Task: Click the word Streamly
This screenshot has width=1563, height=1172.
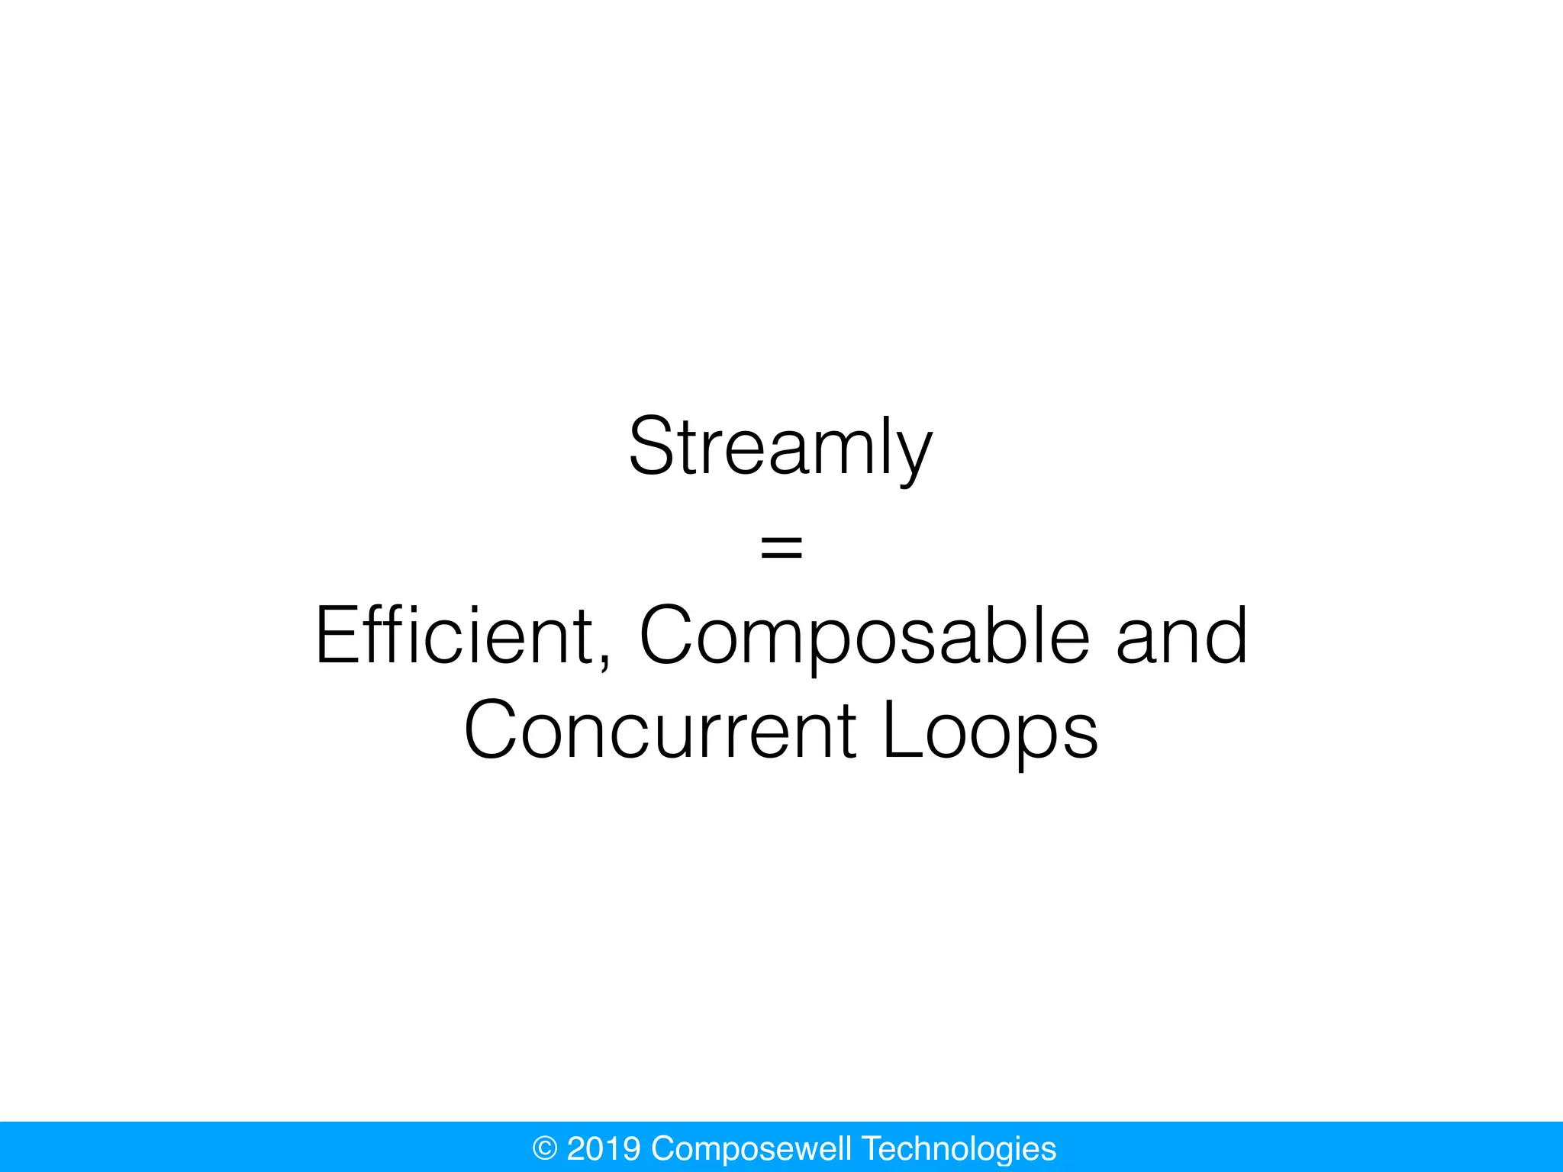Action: pos(780,448)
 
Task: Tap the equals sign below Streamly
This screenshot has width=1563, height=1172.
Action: pos(781,547)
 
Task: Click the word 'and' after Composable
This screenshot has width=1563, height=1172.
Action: pos(1181,636)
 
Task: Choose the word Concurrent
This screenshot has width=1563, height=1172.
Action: pos(661,730)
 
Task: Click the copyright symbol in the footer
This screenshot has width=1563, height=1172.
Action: pos(545,1148)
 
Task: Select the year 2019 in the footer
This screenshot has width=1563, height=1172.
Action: pos(604,1148)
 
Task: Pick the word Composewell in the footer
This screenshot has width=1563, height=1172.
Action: pos(751,1149)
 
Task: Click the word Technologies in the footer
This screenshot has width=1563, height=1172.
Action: pos(959,1148)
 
